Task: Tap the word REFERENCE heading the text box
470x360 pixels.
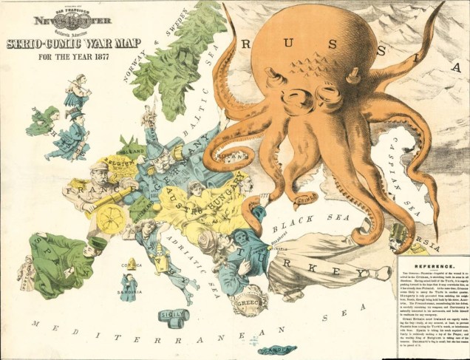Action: [433, 265]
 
